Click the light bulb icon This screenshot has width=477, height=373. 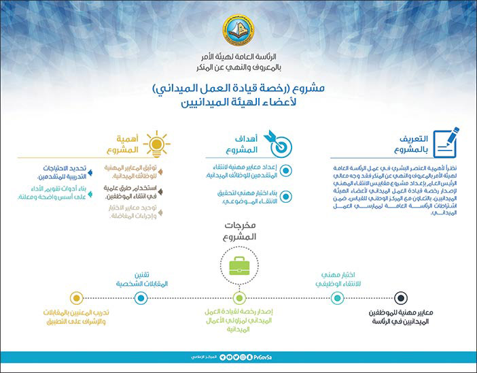(x=158, y=143)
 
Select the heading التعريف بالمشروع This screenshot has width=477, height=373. (x=406, y=144)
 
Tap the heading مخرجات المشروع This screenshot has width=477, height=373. (x=238, y=231)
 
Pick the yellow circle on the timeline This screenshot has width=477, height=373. (x=76, y=297)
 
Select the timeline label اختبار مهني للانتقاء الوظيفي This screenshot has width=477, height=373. (x=327, y=278)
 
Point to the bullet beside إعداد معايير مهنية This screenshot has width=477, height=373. (x=285, y=171)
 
